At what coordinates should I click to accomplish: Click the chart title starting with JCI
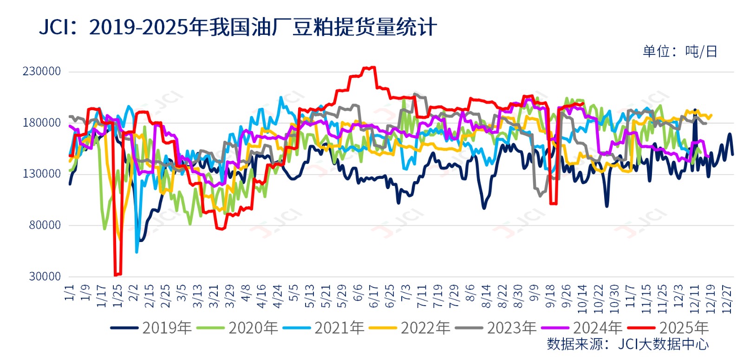[x=238, y=27]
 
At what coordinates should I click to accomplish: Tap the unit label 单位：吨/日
[x=680, y=51]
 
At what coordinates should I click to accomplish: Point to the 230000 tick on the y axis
[x=42, y=72]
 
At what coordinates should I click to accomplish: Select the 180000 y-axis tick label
[x=42, y=123]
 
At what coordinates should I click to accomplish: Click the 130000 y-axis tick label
[x=42, y=174]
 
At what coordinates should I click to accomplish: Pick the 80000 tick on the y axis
[x=45, y=225]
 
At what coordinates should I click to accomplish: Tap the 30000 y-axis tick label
[x=45, y=276]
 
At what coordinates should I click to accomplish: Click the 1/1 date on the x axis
[x=70, y=293]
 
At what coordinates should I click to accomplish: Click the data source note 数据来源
[x=628, y=344]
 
